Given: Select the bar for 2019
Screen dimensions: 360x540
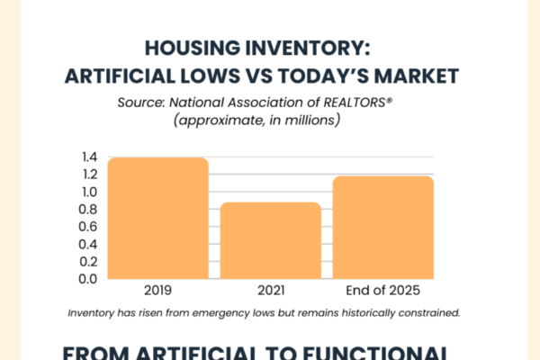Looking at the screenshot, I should pos(157,218).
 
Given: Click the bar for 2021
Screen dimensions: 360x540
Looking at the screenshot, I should pos(258,240).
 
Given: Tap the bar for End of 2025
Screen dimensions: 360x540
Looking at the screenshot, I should pos(383,227).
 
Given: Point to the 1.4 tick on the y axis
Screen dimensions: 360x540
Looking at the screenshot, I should pos(87,158).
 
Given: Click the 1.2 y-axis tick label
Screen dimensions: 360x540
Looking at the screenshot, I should pos(87,175).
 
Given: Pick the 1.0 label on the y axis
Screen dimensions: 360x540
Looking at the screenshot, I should pos(87,193).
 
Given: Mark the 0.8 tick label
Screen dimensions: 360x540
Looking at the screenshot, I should pos(87,210).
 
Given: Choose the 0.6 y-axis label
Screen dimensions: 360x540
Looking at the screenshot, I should pos(87,227).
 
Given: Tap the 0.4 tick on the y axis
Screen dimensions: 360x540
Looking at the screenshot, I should pos(87,244).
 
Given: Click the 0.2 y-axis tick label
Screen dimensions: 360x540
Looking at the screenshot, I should pos(87,261).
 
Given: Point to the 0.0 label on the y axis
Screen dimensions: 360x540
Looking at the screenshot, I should pos(87,278).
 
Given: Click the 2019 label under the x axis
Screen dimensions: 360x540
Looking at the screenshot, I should pos(157,292).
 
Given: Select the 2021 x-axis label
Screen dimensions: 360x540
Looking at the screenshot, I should pos(258,292).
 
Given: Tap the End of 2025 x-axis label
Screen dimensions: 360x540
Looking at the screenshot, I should pos(383,292).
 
